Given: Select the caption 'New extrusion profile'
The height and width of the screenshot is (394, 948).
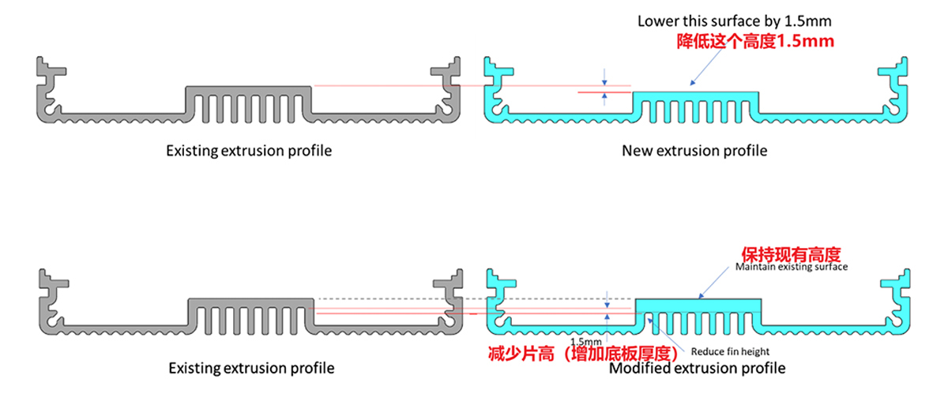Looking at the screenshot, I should pos(694,150).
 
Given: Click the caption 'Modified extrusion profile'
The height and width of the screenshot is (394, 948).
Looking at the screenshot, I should pos(698,368).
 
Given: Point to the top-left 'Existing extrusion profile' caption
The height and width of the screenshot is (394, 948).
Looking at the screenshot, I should pos(249,150).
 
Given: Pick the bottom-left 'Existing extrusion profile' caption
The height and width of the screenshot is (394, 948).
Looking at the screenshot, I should pos(251,368).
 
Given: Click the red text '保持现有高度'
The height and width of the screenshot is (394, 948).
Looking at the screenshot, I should pos(790,254).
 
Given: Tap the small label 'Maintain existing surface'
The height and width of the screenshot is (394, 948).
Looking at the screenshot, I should pos(791,267).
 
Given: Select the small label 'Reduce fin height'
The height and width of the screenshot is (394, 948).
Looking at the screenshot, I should pos(730,351).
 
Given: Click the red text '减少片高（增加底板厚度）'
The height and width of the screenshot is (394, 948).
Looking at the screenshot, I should pos(582,351).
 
